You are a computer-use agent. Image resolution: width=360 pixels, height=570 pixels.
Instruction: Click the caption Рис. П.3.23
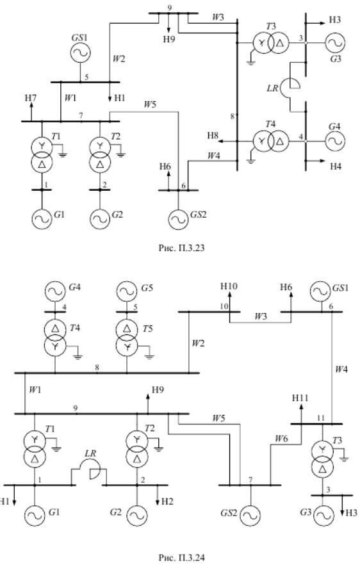coord(181,248)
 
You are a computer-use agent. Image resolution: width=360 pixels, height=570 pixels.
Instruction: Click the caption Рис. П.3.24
coord(181,557)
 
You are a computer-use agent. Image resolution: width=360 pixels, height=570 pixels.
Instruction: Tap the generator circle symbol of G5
coord(127,291)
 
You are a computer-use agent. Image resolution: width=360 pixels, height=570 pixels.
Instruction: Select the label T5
coord(147,329)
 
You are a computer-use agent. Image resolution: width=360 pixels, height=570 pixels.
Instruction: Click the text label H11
coord(300,398)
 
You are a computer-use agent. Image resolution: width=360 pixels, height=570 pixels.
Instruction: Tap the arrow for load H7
coord(31,111)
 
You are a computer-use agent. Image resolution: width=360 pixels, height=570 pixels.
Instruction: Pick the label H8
coord(213,136)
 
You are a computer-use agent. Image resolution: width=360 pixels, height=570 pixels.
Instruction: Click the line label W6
coord(281,439)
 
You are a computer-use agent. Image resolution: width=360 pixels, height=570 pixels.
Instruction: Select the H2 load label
coord(167,501)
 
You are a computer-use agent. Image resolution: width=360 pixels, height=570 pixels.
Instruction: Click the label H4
coord(336,167)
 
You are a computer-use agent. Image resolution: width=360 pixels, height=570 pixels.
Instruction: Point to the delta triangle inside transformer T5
coord(127,329)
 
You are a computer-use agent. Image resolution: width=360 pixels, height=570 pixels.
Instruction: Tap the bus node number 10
coord(224,306)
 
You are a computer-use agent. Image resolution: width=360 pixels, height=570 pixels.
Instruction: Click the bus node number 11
coord(320,418)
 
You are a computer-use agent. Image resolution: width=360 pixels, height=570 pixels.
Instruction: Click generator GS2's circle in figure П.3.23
coord(178,219)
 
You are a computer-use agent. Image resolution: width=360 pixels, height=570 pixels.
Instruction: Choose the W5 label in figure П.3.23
coord(150,104)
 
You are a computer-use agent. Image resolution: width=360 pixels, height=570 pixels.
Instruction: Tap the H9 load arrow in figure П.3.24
coord(147,404)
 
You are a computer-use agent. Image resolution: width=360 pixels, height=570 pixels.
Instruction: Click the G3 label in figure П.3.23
coord(335,58)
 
